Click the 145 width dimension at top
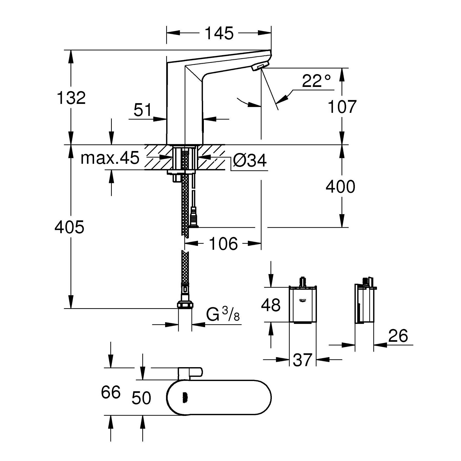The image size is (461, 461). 219,33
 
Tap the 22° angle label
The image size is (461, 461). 316,81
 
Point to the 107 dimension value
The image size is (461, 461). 342,107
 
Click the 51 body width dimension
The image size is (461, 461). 143,110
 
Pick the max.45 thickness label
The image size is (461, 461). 110,158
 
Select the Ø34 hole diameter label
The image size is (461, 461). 250,161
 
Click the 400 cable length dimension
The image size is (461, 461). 340,187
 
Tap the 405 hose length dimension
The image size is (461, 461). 69,227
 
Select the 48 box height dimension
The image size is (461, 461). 271,305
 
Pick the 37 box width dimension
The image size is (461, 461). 302,360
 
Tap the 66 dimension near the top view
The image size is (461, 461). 111,392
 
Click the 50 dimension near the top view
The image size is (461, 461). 141,398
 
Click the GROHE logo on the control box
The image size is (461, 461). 303,300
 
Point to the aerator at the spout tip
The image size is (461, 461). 260,67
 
